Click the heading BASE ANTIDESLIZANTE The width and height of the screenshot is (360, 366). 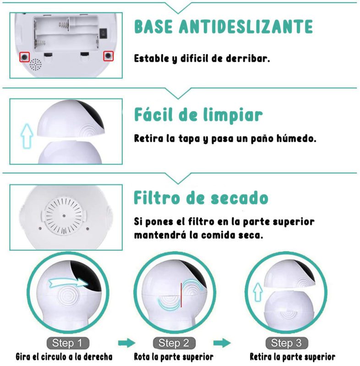(224, 27)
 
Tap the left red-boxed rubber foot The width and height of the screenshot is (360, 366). (24, 57)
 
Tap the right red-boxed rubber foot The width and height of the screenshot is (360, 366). (108, 56)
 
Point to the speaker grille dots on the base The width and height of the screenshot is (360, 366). (36, 65)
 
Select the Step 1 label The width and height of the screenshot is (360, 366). (67, 343)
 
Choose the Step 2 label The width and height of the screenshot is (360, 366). (174, 343)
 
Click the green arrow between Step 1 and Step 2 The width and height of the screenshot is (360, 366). (126, 343)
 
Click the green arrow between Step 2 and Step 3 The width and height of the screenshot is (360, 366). (222, 343)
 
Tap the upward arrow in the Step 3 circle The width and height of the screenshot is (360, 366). (258, 291)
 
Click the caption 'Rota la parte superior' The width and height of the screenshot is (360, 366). (174, 356)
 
